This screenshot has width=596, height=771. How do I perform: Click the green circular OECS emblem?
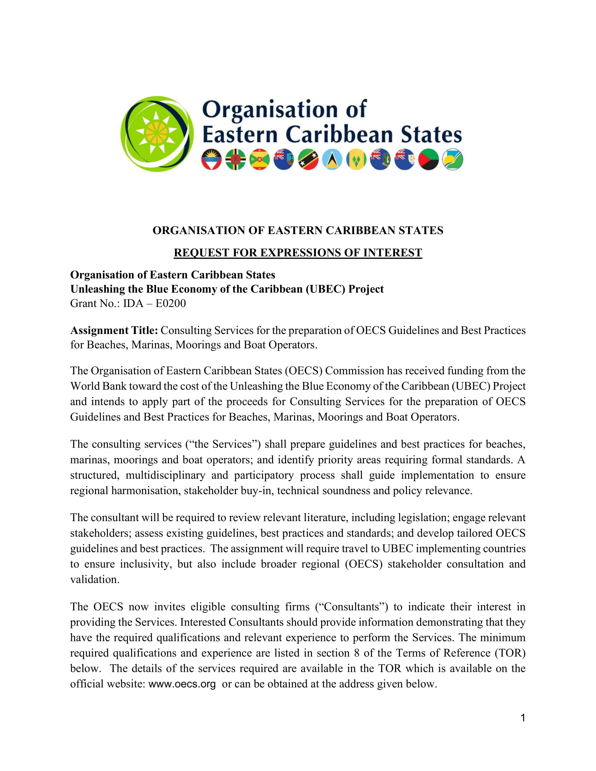coord(157,134)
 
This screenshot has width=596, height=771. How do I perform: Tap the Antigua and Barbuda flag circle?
coord(211,159)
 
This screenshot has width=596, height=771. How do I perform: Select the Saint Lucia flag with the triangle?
coord(332,159)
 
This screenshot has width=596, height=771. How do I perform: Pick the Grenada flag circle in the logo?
coord(259,159)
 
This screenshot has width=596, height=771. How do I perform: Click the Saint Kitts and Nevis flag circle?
coord(308,159)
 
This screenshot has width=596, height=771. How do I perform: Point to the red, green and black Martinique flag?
coord(428,159)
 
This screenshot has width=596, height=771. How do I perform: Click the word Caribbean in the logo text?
coord(339,135)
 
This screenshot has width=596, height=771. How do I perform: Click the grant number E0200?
coord(170,303)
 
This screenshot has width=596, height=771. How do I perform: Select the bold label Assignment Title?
coord(114,330)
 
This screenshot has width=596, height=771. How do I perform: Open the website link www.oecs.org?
coord(182,684)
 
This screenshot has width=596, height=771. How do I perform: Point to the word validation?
coord(95,579)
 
